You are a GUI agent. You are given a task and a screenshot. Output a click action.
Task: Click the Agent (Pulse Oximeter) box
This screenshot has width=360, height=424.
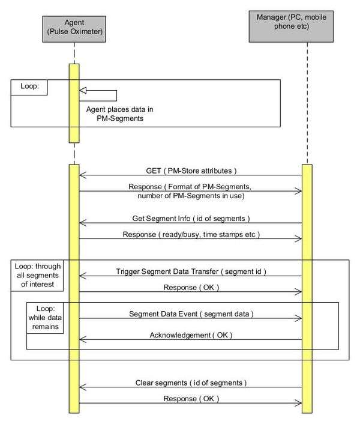tap(74, 30)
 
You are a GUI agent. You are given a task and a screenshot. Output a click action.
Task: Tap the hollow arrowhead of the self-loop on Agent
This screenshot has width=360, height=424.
tap(84, 90)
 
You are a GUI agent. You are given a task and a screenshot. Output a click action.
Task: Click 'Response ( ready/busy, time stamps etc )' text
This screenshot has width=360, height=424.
tap(190, 233)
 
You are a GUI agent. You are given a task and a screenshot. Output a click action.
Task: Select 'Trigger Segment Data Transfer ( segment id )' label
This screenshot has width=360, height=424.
tap(190, 271)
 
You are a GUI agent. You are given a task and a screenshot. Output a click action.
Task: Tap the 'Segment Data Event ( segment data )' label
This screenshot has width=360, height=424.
tap(191, 313)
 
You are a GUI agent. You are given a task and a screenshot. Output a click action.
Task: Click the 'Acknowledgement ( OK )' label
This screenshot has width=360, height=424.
tap(190, 334)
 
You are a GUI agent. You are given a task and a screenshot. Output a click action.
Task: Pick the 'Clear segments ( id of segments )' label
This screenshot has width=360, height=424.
tap(190, 382)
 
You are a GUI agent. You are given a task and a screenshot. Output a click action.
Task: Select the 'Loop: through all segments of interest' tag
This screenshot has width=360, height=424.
tap(41, 276)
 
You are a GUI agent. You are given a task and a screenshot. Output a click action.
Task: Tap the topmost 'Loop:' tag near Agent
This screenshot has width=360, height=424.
tap(29, 86)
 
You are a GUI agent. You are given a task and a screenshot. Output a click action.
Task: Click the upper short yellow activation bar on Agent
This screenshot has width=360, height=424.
tap(74, 102)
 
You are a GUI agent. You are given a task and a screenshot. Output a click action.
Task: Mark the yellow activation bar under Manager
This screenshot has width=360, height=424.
tap(307, 288)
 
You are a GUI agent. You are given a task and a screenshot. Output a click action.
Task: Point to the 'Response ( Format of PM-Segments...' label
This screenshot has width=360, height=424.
tap(190, 190)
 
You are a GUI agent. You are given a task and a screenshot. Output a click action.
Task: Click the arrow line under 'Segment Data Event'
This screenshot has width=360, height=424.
tap(190, 319)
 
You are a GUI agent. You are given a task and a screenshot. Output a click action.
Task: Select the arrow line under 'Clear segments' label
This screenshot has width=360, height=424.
tap(190, 387)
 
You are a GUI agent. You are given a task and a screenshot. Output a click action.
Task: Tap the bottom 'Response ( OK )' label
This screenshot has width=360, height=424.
tap(190, 398)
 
